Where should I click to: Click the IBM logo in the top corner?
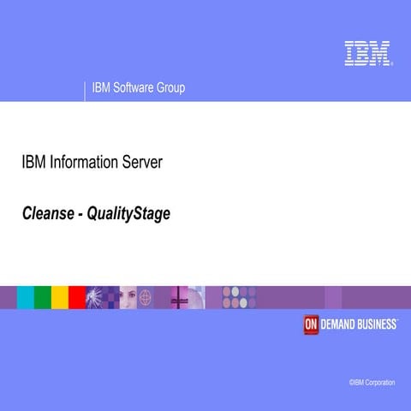point(367,53)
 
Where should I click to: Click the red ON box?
point(311,325)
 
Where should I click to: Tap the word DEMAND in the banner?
point(339,325)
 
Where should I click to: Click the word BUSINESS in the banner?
point(378,325)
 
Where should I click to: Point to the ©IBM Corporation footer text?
point(372,382)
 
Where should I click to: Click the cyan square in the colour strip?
point(26,297)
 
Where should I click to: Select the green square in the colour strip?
point(43,297)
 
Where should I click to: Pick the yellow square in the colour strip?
point(60,297)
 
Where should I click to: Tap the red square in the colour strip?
point(77,297)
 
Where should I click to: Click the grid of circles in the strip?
point(239,297)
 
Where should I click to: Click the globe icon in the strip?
point(146,297)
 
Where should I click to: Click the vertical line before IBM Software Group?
point(85,89)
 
